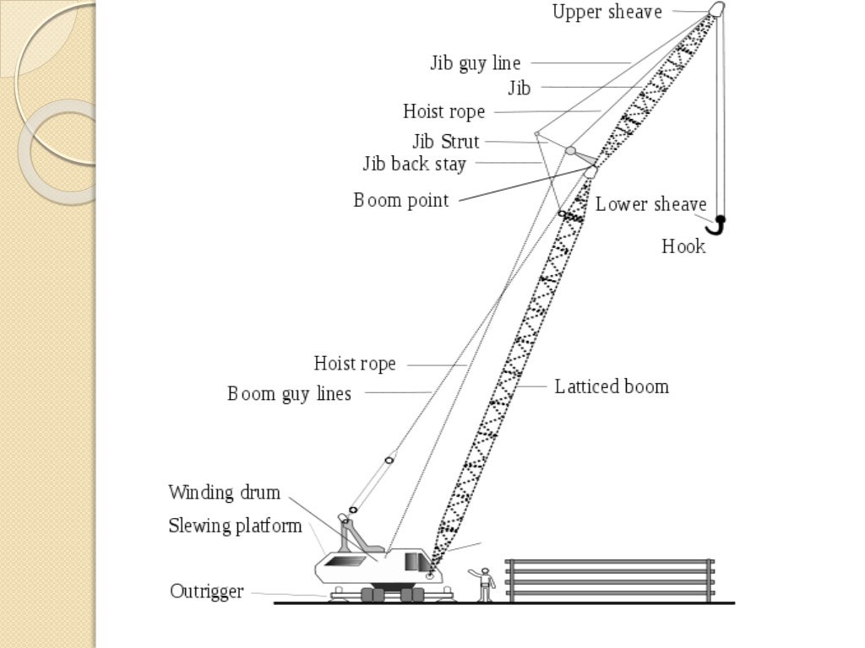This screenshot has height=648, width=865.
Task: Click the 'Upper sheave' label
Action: [607, 12]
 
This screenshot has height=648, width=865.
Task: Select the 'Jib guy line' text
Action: [476, 63]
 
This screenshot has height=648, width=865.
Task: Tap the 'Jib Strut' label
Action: [445, 141]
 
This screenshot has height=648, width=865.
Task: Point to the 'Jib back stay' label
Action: [414, 164]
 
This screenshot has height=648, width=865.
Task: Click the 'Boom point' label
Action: [400, 201]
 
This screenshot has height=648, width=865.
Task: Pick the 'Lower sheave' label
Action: [650, 204]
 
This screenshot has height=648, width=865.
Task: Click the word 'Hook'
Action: [683, 246]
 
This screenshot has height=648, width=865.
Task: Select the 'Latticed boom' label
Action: [612, 387]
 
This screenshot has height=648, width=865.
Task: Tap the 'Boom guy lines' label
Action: [289, 394]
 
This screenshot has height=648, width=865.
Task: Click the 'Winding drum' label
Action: [224, 493]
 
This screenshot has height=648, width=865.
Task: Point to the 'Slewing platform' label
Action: [235, 526]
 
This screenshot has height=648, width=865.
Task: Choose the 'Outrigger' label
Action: [207, 591]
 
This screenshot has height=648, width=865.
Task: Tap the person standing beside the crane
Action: [484, 582]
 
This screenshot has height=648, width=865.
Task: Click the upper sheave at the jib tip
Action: [716, 9]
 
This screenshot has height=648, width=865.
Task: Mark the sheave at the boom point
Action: [590, 172]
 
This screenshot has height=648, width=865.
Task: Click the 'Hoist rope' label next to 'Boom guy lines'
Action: [355, 364]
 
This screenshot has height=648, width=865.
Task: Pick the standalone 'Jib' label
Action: [520, 88]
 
